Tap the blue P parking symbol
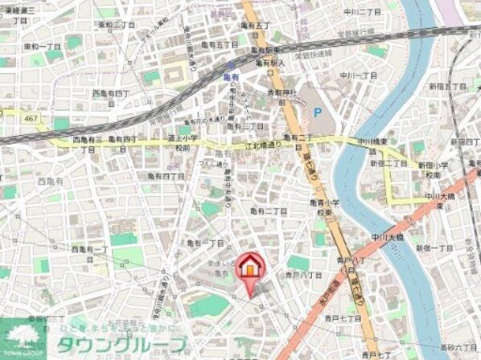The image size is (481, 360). pyautogui.click(x=316, y=113)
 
